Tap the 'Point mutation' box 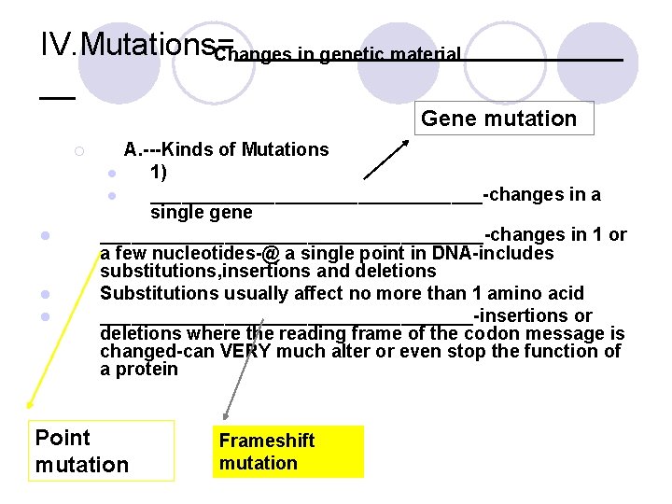click(x=103, y=451)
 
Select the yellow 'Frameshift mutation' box click(x=287, y=452)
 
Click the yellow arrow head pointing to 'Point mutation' click(x=29, y=404)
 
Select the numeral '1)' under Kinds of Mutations click(x=159, y=173)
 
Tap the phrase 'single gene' click(x=201, y=213)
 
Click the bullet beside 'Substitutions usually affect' click(x=44, y=295)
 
